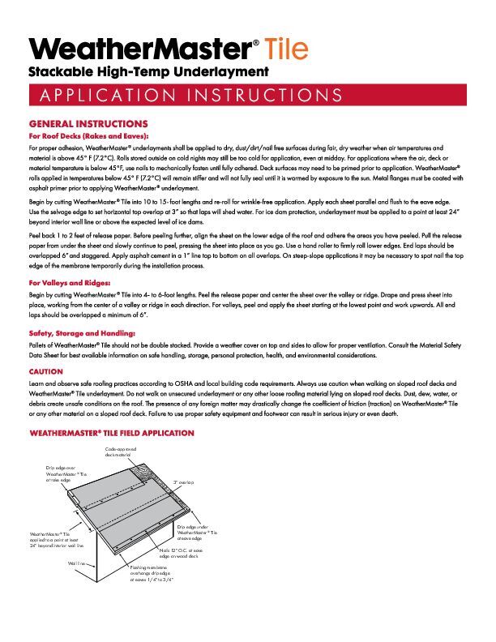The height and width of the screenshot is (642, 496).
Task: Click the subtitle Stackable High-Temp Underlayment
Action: pos(148,73)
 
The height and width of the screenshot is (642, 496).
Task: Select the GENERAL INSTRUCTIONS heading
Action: pos(88,123)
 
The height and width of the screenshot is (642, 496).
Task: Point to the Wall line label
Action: pos(78,562)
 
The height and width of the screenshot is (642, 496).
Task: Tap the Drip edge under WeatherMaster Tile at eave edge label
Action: pos(198,533)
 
